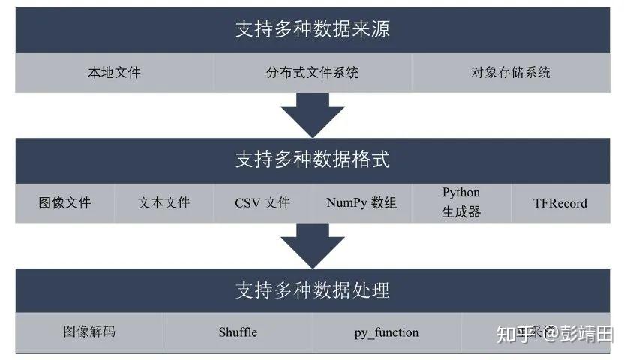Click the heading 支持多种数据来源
(x=313, y=29)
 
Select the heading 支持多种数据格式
(x=313, y=159)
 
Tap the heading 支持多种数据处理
(x=313, y=290)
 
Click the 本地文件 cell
(x=114, y=73)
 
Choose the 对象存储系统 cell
(x=511, y=73)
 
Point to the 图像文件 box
(x=64, y=202)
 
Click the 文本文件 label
(x=164, y=202)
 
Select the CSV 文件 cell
(x=262, y=202)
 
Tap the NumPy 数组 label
(x=361, y=202)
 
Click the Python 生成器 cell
(x=460, y=202)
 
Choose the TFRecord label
(x=560, y=202)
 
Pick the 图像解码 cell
(x=89, y=331)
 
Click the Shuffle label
(x=238, y=331)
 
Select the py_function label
(x=386, y=331)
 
